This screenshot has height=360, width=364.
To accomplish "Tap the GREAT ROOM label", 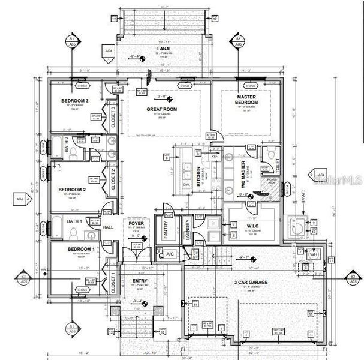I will pyautogui.click(x=162, y=109).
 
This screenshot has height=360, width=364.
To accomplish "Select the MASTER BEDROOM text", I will pyautogui.click(x=247, y=100).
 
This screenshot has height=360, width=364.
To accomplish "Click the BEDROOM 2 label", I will pyautogui.click(x=72, y=190).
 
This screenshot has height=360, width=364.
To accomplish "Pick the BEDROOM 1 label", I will pyautogui.click(x=80, y=248).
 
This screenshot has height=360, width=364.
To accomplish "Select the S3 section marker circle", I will pyautogui.click(x=237, y=41).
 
